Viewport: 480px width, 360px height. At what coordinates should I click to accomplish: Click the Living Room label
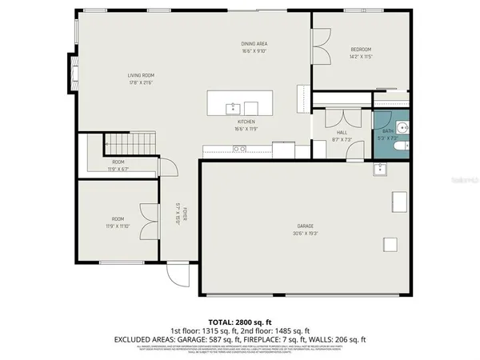point(140,75)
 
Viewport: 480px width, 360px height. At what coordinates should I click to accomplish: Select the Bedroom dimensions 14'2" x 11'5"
point(360,57)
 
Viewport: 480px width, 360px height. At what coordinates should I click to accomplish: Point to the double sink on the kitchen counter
point(238,148)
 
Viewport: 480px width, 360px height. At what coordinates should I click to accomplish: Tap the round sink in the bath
point(402,128)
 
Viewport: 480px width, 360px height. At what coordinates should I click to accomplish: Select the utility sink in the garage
point(379,169)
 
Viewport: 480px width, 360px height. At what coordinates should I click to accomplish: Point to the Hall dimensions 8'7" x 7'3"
point(342,139)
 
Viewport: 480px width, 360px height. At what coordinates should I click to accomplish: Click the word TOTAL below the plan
point(222,320)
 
